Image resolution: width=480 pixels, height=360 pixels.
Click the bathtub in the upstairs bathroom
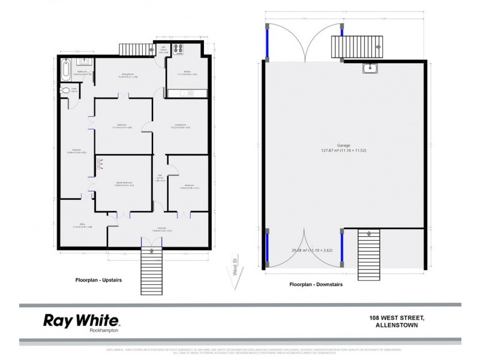tap(65, 68)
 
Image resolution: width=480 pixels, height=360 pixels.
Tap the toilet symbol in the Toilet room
tap(64, 91)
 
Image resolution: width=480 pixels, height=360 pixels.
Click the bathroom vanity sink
tap(85, 61)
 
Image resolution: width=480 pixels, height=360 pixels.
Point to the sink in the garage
tap(371, 68)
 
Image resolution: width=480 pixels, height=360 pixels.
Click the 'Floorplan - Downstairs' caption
tap(316, 284)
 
